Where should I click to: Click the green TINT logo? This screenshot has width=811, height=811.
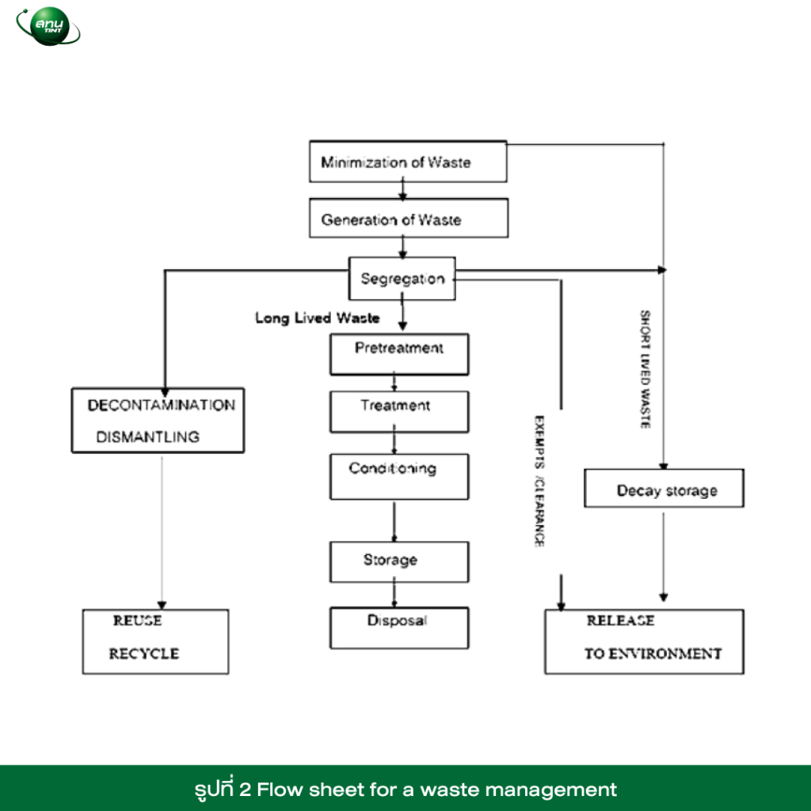coord(48,26)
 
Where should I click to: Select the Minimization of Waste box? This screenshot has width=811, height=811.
coord(408,162)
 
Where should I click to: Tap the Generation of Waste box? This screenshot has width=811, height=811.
coord(409,219)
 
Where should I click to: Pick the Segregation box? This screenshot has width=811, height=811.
coord(402,278)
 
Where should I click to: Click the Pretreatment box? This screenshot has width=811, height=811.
coord(399,354)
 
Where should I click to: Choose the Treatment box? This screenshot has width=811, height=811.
coord(399,412)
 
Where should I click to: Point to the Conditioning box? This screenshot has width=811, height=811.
coord(399,477)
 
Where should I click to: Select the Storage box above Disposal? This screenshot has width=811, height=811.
coord(399,562)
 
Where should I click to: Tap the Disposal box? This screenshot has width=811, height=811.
coord(399,628)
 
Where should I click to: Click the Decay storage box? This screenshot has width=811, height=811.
coord(664,488)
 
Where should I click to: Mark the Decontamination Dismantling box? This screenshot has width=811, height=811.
coord(158,421)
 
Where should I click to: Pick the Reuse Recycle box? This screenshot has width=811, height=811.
coord(155,642)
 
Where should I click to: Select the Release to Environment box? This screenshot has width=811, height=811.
coord(645,642)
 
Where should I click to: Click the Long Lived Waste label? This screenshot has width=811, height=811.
coord(318,318)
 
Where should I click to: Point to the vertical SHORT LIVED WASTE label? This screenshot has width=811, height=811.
coord(645,369)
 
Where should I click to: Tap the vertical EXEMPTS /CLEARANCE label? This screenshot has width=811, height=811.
coord(539,481)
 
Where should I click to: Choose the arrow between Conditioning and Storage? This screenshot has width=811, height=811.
coord(394,521)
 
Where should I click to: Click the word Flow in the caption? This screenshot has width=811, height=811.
coord(280,790)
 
